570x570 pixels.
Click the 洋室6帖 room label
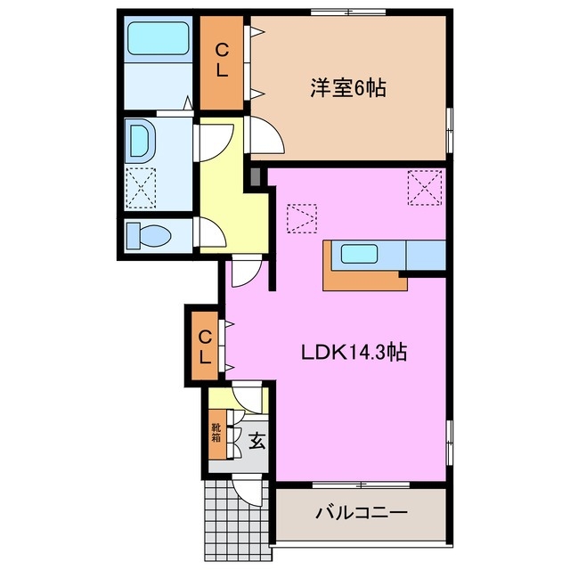pos(347,89)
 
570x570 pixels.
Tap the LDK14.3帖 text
pos(353,353)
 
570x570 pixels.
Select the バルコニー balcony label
pos(361,514)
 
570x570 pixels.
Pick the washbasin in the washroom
pos(141,140)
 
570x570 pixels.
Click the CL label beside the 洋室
pos(221,61)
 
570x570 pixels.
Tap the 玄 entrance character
pos(256,439)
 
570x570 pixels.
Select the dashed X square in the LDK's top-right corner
pos(424,188)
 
